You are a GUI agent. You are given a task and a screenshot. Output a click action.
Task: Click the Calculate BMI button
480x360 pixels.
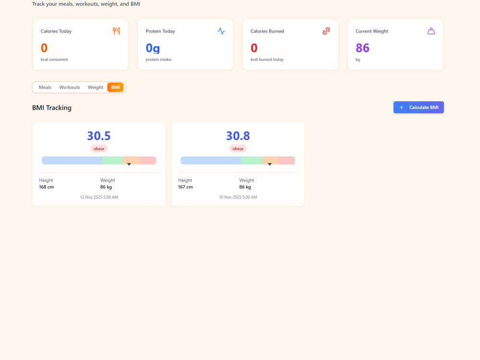419,108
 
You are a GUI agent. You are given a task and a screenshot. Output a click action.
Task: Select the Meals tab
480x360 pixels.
45,87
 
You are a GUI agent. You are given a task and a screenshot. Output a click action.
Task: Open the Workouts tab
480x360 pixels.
70,87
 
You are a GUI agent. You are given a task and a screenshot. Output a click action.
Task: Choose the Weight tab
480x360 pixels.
96,87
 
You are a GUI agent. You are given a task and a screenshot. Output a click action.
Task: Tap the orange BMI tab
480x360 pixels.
115,87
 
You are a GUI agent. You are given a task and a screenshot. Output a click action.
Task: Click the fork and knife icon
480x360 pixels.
116,31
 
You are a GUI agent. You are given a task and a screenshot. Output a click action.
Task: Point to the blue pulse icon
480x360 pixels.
221,31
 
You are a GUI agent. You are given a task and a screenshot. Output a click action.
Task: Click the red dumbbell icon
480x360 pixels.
326,31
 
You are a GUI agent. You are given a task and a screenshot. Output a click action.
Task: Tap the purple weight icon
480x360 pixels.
431,31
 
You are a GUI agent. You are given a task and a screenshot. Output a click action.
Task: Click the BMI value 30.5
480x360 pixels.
99,136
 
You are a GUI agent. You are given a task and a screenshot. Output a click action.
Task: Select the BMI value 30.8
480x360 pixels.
238,136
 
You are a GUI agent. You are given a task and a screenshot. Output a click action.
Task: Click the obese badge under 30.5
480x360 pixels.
99,149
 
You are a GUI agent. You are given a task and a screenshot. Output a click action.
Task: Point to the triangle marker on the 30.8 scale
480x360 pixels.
270,164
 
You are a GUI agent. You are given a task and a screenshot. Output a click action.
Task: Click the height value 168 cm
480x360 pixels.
47,187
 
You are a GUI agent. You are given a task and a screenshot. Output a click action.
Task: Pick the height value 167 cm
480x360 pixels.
185,187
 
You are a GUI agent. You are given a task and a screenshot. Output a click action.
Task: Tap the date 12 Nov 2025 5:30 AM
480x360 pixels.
99,197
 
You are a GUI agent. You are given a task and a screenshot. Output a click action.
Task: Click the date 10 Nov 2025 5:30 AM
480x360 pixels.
238,197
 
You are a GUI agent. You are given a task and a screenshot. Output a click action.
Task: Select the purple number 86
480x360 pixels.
362,48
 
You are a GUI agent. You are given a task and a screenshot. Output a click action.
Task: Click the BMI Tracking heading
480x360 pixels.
52,108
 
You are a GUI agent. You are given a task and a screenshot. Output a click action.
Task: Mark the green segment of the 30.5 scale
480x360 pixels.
113,160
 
